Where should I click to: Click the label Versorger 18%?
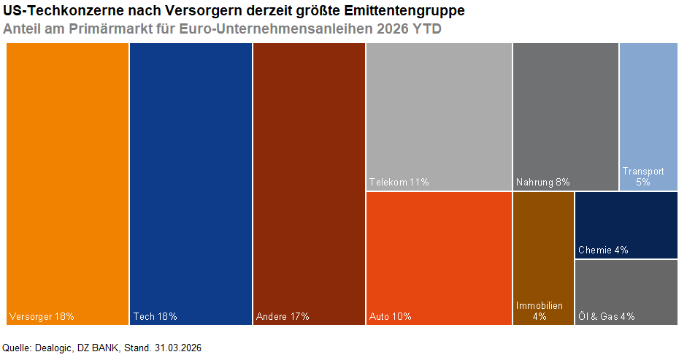42,316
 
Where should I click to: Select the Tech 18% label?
155,316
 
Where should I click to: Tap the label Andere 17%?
283,316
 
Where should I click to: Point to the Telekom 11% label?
399,182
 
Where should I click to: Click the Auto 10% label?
391,316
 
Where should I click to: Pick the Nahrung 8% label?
542,182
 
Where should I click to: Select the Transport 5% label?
643,176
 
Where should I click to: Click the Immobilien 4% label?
540,311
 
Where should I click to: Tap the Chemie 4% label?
603,250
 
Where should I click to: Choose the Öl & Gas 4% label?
606,316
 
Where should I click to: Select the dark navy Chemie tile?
626,219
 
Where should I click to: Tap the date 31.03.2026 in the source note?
177,348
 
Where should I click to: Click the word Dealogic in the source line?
53,348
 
